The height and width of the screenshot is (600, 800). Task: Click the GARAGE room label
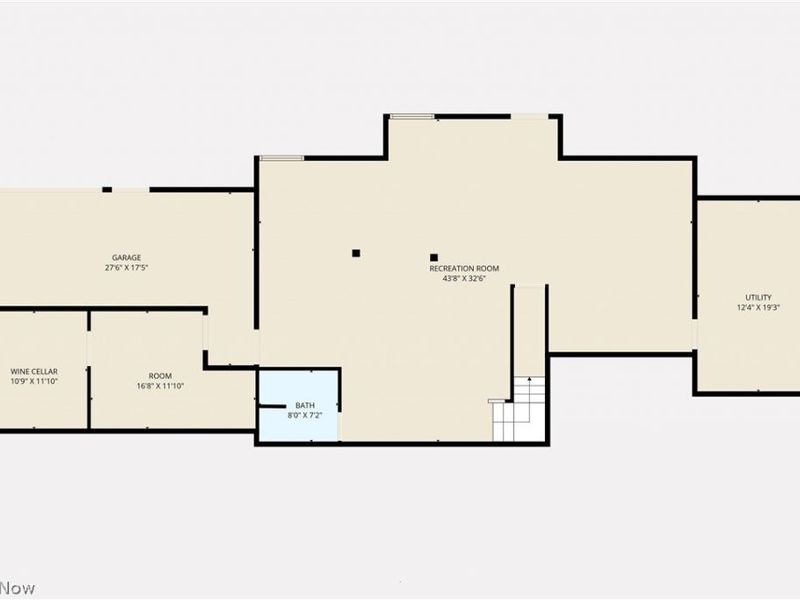(126, 257)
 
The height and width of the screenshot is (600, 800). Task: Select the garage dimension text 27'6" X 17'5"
(126, 268)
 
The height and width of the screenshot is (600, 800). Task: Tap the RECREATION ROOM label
(464, 268)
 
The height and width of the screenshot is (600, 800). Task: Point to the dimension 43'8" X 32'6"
(464, 279)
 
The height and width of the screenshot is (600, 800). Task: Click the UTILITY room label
(758, 297)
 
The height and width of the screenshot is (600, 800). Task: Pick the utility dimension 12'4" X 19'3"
(758, 308)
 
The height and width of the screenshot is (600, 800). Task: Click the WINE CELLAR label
(34, 371)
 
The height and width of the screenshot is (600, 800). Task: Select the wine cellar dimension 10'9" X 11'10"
(34, 382)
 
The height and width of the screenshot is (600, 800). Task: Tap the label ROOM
(160, 375)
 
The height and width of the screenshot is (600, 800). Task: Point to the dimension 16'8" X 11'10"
(160, 386)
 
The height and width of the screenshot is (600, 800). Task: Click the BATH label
(305, 405)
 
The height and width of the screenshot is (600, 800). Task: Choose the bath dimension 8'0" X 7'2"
(305, 415)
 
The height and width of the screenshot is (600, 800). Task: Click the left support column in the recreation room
(355, 253)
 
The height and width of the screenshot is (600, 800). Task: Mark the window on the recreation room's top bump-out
(411, 117)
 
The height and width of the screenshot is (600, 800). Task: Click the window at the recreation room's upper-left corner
(281, 158)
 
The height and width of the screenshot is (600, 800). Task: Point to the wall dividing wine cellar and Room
(89, 370)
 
